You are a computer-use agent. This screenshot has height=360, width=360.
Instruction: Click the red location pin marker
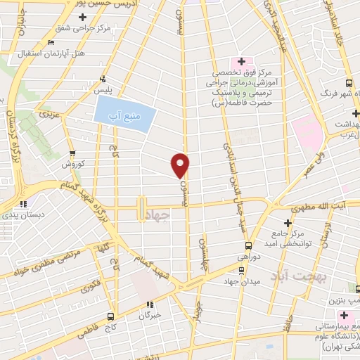[181, 165]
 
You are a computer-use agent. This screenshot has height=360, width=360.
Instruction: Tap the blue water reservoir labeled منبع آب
[124, 115]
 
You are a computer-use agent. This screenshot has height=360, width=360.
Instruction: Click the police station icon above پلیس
[103, 79]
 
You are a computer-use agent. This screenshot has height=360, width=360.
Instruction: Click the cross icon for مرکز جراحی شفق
[83, 16]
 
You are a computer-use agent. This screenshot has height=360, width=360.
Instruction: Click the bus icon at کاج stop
[110, 316]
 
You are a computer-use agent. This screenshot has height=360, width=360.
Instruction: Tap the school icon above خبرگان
[149, 304]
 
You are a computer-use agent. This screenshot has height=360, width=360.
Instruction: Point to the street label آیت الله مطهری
[323, 209]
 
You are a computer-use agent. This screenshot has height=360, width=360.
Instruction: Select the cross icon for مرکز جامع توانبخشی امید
[288, 222]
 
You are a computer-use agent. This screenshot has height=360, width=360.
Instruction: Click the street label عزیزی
[47, 113]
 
